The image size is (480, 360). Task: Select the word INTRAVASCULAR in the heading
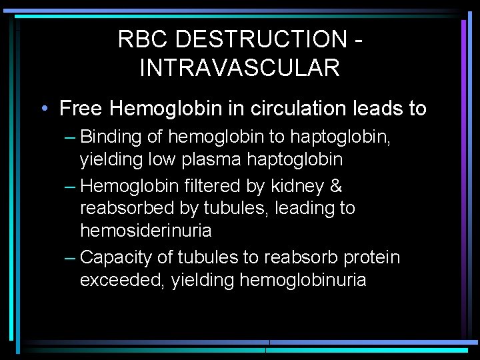coord(240,68)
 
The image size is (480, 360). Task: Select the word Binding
coord(111,137)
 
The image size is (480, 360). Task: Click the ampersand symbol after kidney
coord(336,186)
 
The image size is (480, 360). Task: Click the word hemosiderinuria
coord(145,231)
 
